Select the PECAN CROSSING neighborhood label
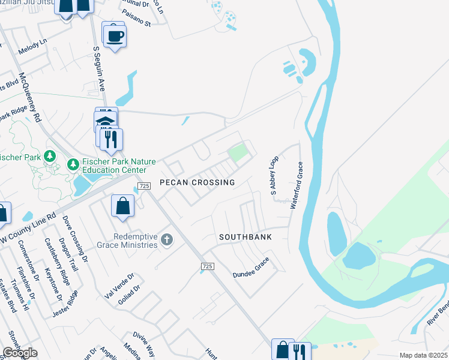tap(197, 182)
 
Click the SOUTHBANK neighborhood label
tap(245, 237)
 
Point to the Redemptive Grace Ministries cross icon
tap(167, 241)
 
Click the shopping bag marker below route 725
tap(122, 206)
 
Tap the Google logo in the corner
tap(19, 353)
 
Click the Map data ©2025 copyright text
tap(423, 355)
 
